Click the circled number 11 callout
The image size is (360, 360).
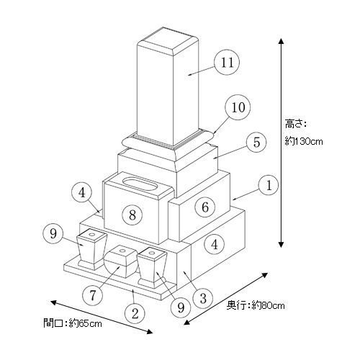[227, 63]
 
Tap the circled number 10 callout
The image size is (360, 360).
[238, 107]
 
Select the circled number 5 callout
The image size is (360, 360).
[256, 142]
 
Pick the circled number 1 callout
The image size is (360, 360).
[269, 185]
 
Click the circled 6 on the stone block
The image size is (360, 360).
[205, 207]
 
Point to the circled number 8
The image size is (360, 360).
[132, 215]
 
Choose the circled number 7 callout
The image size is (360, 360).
[92, 295]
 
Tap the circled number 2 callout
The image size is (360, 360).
[135, 313]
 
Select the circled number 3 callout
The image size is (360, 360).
[203, 299]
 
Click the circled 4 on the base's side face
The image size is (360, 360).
[215, 245]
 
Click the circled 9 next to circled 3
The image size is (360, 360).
[181, 307]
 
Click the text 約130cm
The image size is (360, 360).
[304, 141]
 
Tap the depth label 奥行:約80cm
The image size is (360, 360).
[256, 305]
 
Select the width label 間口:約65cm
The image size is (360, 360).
[73, 323]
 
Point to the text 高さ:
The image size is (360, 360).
[296, 124]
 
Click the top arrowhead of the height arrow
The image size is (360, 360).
[281, 41]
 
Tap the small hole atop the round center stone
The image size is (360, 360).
[122, 251]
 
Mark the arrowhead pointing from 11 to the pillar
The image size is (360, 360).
[190, 75]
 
